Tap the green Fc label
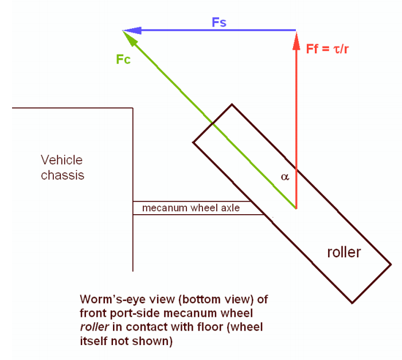[x=123, y=59]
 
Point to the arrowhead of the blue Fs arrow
[x=127, y=30]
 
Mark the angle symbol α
[x=285, y=177]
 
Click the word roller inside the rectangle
[x=344, y=252]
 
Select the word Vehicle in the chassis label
[x=61, y=160]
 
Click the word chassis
[x=63, y=175]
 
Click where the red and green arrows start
[x=296, y=208]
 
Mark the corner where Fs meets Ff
[x=296, y=30]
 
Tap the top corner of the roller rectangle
[x=232, y=104]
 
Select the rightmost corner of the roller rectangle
[x=391, y=265]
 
